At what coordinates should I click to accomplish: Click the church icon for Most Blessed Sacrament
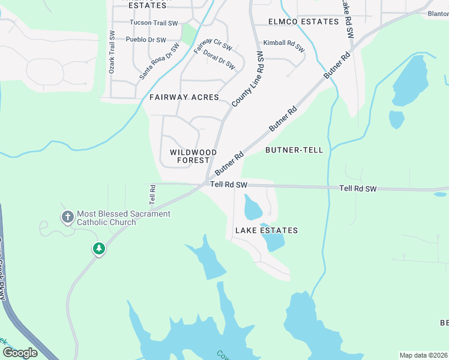[68, 217]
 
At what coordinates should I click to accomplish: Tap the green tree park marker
[98, 248]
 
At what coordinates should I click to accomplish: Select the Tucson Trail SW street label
[154, 23]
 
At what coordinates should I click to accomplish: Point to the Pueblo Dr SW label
[146, 40]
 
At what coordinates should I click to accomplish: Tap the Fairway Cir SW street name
[212, 46]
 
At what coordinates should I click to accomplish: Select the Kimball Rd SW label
[283, 43]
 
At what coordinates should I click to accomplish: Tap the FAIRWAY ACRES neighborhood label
[184, 97]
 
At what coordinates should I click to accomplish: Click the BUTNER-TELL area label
[294, 150]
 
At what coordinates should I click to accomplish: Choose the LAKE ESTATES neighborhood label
[266, 230]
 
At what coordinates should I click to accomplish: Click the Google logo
[20, 353]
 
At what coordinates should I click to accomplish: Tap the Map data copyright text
[423, 355]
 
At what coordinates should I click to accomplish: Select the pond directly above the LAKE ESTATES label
[253, 209]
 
